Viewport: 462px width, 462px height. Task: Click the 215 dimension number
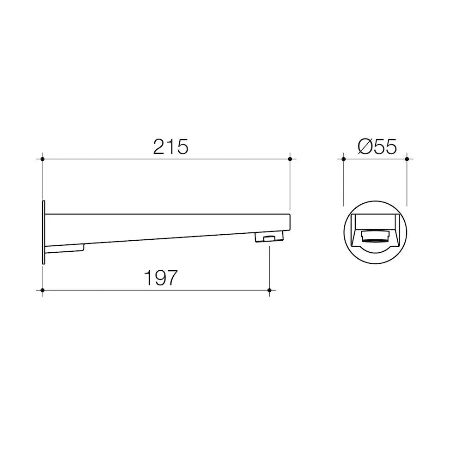[171, 147]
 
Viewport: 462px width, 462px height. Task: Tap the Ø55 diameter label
[377, 147]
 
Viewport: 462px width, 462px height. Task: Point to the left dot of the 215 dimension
[43, 159]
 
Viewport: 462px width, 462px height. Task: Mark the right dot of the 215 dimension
[290, 159]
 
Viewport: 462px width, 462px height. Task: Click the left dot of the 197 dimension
[43, 290]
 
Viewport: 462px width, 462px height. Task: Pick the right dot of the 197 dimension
[270, 290]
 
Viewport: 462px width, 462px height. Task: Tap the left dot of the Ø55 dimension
[344, 159]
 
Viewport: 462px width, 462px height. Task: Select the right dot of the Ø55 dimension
[407, 159]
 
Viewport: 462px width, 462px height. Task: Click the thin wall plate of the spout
[43, 232]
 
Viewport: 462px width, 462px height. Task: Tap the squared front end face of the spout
[289, 223]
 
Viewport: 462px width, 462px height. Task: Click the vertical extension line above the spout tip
[290, 185]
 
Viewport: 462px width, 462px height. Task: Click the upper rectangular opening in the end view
[375, 221]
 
